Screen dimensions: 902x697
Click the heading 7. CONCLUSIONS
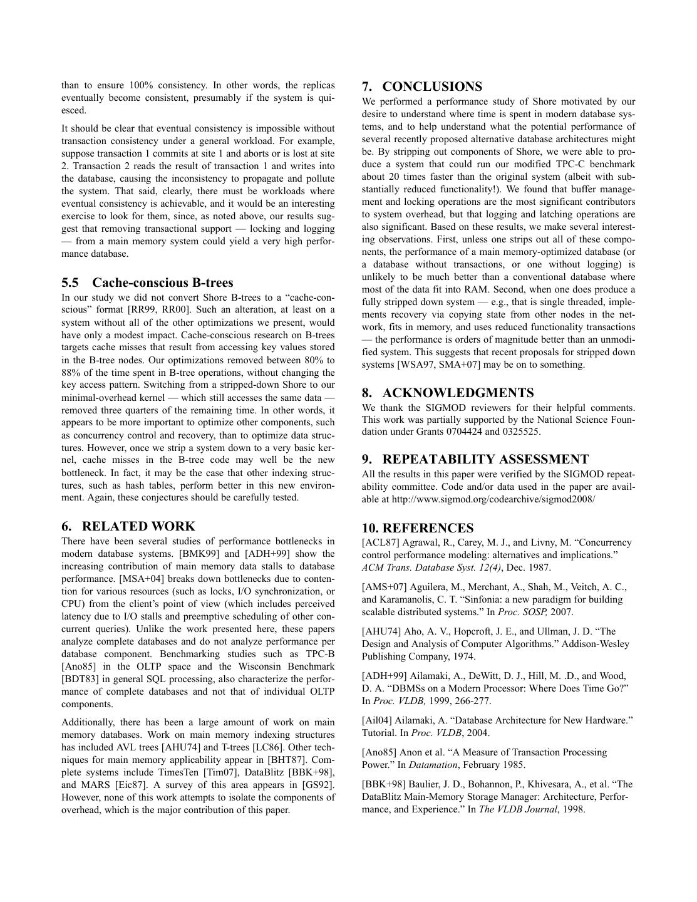[x=421, y=86]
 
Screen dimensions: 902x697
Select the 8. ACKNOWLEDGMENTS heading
[x=448, y=393]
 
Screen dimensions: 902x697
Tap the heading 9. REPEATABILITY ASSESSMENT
[x=475, y=459]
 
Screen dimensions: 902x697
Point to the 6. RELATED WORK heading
[x=128, y=526]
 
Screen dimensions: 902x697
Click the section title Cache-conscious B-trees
[x=162, y=283]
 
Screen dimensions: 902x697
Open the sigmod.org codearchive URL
[x=493, y=499]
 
